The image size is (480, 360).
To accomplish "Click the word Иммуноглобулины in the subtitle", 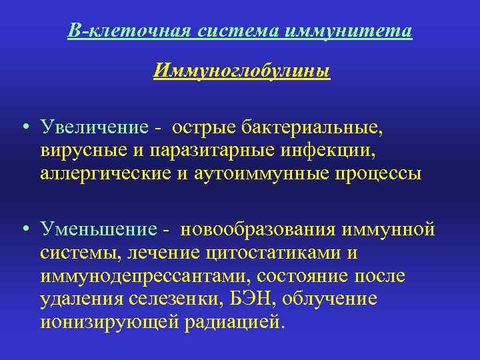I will (241, 70).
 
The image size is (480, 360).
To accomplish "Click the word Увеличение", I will (93, 127).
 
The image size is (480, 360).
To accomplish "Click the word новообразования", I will (262, 230).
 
